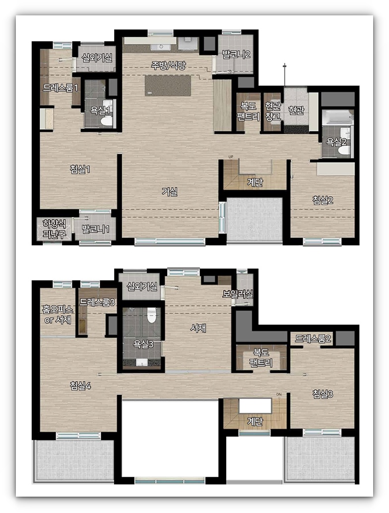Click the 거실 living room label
(170, 191)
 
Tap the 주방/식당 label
(168, 65)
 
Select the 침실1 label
(80, 169)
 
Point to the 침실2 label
(323, 200)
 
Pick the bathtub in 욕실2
(337, 117)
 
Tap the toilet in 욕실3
(152, 315)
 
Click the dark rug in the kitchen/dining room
(168, 85)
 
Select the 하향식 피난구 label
(55, 229)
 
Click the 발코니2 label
(236, 55)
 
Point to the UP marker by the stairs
(231, 157)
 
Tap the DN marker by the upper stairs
(279, 395)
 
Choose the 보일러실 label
(238, 294)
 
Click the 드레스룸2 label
(313, 339)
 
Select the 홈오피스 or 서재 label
(58, 314)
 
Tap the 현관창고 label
(273, 111)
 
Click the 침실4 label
(80, 386)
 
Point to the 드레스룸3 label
(97, 302)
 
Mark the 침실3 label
(323, 394)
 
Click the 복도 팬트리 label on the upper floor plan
(261, 357)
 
